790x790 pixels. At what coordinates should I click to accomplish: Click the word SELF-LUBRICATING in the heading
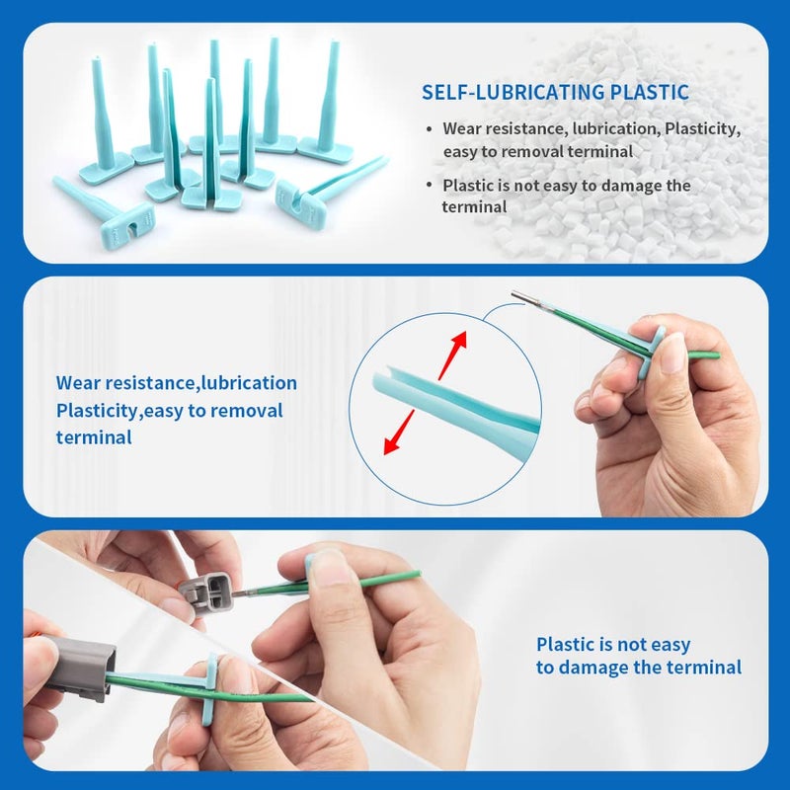[513, 92]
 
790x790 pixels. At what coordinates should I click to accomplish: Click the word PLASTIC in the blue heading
[650, 92]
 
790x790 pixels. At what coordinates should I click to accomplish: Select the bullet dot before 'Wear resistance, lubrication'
[429, 129]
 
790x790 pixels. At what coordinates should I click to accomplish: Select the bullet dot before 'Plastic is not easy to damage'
[429, 185]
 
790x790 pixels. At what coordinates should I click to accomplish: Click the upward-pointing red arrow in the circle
[453, 355]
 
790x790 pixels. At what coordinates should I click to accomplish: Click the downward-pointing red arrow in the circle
[399, 433]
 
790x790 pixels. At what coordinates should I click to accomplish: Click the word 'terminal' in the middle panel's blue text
[94, 437]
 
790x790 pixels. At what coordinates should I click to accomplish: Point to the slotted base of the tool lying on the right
[301, 200]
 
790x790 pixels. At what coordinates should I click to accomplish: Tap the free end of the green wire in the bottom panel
[417, 574]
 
